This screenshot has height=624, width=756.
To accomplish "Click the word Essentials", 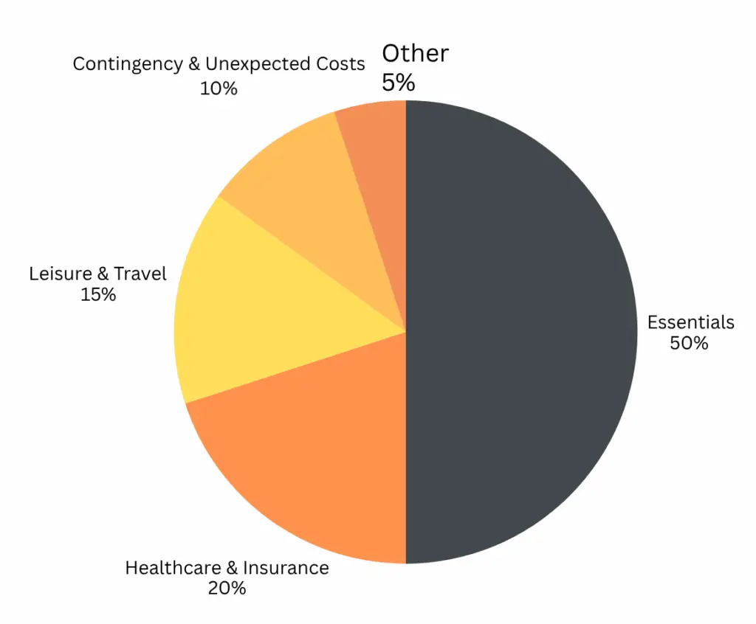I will pos(690,322).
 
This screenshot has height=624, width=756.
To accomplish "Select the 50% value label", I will pos(689,343).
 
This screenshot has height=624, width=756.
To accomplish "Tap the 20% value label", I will pos(227,588).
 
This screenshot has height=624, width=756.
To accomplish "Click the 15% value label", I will pos(98,294).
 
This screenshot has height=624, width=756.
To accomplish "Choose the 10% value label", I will pos(219,88).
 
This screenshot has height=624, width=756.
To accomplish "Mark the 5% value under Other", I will pos(398,82).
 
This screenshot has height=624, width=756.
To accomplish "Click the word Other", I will pos(415,53).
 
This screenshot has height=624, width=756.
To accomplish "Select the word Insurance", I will pos(285,568).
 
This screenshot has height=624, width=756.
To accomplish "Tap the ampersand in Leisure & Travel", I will pos(105,274).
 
